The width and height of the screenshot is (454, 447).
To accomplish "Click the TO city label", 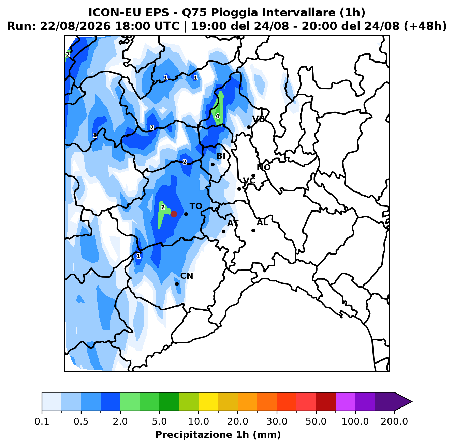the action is pos(196,206).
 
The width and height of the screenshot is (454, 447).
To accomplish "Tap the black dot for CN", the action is pos(177,284).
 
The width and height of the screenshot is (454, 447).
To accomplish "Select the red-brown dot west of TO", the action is pos(174,214).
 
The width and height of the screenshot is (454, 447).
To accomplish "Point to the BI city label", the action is pos(221,156).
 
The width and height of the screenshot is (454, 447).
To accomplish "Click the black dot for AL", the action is pos(253,230).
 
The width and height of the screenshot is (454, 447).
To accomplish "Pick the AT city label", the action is pos(233,223).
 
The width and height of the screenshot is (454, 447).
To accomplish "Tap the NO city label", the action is pos(264,167).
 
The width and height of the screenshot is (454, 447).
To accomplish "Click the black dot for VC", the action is pos(239,189).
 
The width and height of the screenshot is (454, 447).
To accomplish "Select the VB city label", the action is pos(259,119).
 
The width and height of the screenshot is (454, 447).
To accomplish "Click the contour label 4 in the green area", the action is pos(217,116).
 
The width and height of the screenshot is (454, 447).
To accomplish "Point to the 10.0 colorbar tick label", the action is pos(199,421).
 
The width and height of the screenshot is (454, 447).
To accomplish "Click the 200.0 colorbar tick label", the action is pos(394,421).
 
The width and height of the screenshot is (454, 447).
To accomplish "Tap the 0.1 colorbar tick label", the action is pos(42,421).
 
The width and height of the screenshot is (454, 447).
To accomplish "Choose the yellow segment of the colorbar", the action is pos(208,402).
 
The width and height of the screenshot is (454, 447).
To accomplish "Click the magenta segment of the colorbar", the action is pos(345,402).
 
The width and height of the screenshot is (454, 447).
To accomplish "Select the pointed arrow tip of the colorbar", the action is pos(412,402).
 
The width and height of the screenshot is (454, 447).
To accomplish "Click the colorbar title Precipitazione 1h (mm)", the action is pos(218,435).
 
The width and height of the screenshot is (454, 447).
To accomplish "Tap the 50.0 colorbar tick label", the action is pos(316,421).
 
